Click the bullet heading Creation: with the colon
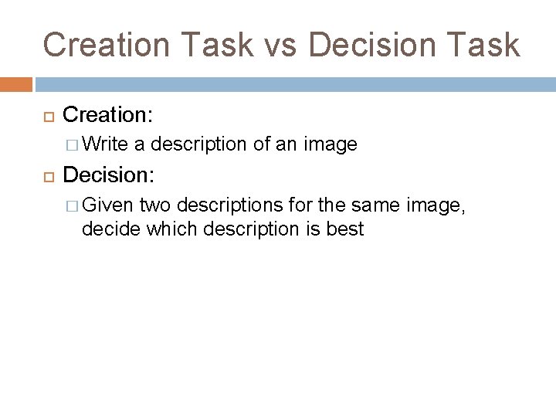point(108,115)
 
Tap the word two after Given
point(157,205)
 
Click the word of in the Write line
point(262,144)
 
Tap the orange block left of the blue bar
point(16,83)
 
